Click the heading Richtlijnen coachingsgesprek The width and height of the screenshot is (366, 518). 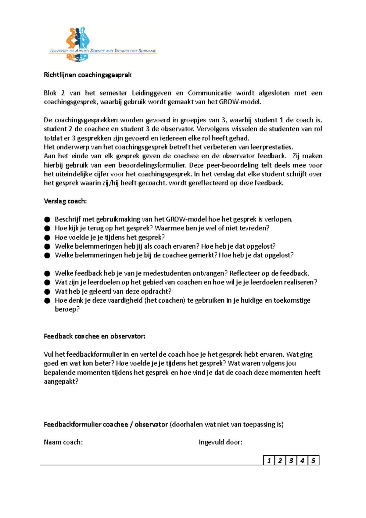(88, 75)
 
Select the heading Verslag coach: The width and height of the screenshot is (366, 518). (65, 201)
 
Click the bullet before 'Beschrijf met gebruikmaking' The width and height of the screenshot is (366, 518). (47, 220)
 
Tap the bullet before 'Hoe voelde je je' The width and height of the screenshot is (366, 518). (47, 238)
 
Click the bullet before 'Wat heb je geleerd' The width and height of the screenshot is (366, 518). (47, 292)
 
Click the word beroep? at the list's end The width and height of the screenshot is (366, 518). (67, 309)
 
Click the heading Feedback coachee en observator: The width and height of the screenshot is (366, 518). (95, 336)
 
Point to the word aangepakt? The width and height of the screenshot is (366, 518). (61, 382)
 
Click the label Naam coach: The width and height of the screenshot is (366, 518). (63, 442)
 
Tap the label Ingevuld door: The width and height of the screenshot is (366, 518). (221, 442)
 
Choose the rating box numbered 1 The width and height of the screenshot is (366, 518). (269, 461)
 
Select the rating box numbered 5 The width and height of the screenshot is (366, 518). (313, 461)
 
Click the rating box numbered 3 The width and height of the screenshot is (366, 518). (291, 461)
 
